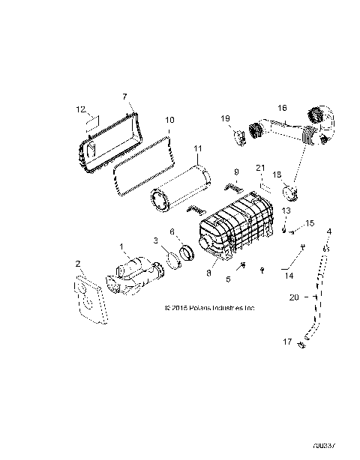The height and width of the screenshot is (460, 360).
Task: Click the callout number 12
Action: (82, 109)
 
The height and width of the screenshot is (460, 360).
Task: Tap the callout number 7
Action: (124, 97)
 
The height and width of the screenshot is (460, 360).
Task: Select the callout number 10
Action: (169, 120)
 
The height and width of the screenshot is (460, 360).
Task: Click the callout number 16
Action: (283, 107)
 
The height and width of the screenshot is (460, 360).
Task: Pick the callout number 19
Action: (225, 118)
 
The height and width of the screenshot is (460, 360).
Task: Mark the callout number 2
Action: (77, 263)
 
